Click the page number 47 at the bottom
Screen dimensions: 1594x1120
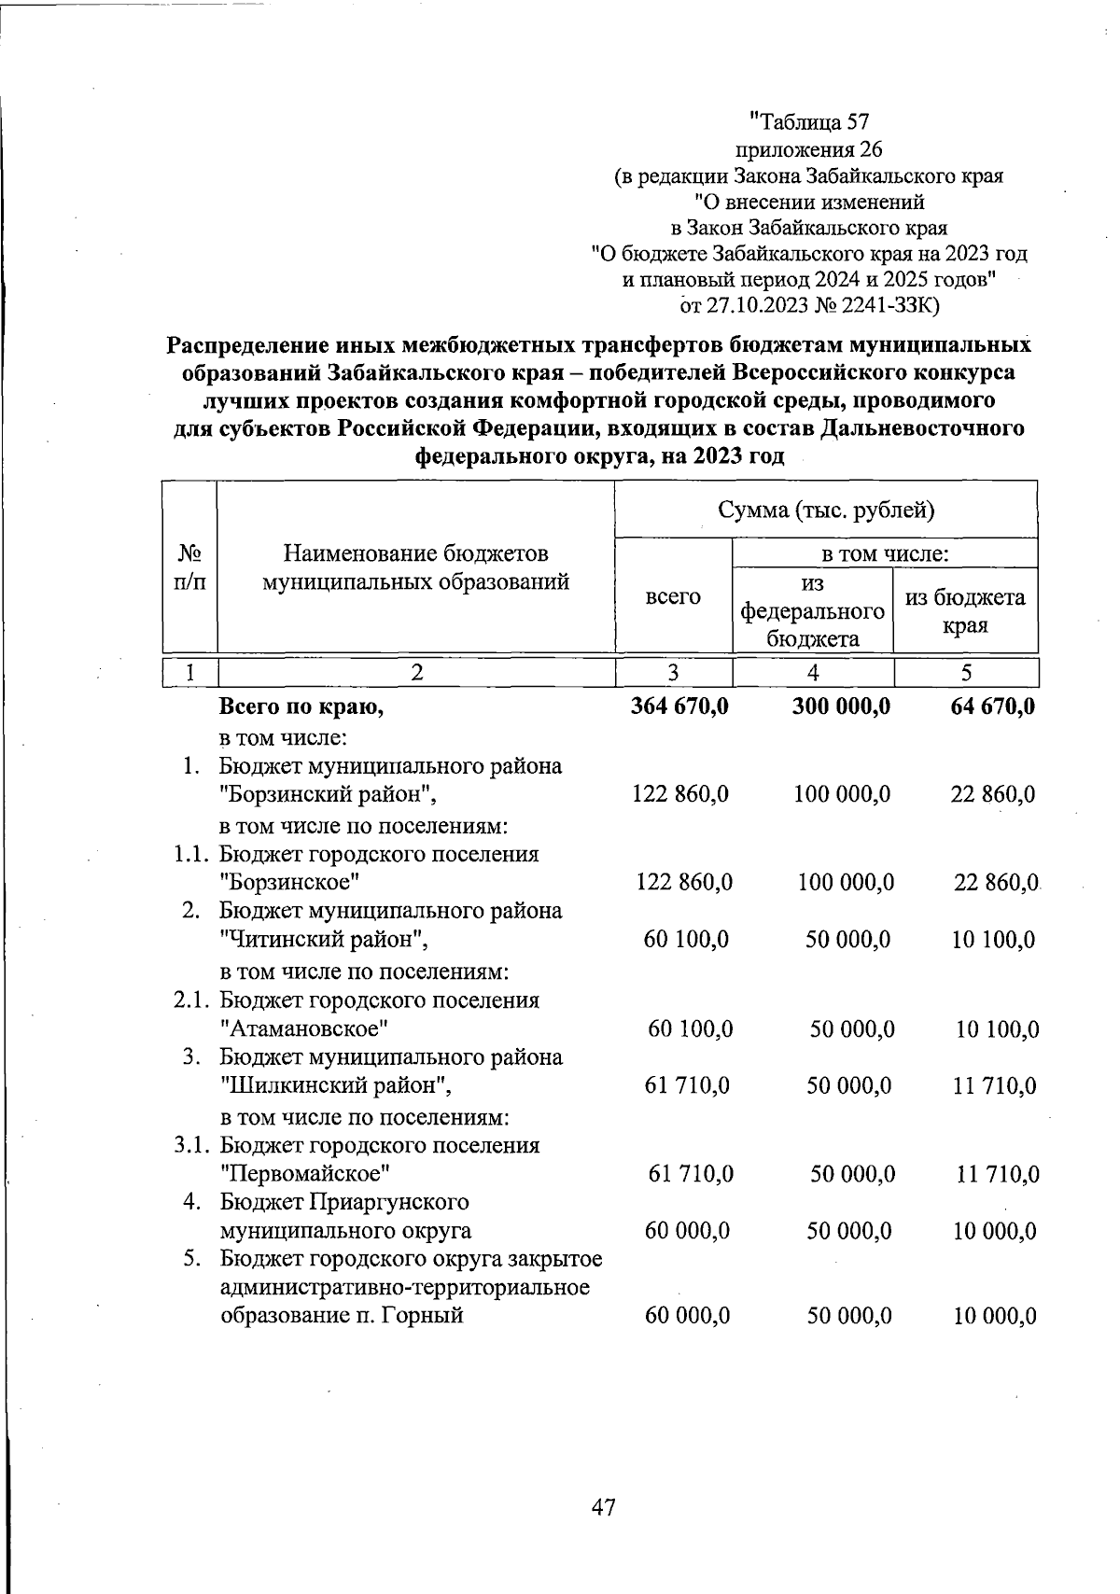(x=604, y=1506)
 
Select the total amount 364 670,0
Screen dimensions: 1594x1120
(x=680, y=706)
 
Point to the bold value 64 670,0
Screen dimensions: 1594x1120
(x=991, y=706)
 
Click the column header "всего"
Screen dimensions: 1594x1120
(x=673, y=597)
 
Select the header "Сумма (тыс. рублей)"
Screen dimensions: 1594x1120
(x=826, y=510)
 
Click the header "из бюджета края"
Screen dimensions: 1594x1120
(x=965, y=611)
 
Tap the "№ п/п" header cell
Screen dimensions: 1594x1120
(x=189, y=567)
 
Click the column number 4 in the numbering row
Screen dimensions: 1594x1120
(x=813, y=673)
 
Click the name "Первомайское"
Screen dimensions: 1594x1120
(x=305, y=1174)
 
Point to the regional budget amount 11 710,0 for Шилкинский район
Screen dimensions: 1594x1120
(x=993, y=1086)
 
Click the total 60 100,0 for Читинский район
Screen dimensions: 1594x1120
(x=686, y=940)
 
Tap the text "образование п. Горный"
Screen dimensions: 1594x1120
(x=342, y=1317)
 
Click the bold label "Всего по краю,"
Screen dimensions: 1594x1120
(x=301, y=707)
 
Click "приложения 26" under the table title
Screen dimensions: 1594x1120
(x=809, y=149)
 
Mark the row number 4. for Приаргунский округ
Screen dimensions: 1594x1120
(x=192, y=1202)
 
